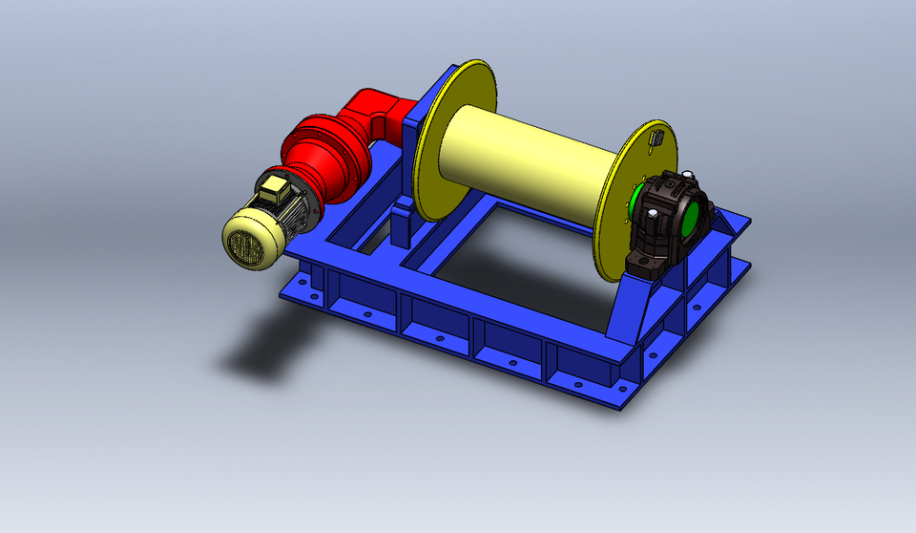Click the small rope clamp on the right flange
click(x=656, y=139)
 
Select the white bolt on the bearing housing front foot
click(x=635, y=260)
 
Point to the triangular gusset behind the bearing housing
click(x=733, y=225)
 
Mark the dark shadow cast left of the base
click(x=262, y=344)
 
